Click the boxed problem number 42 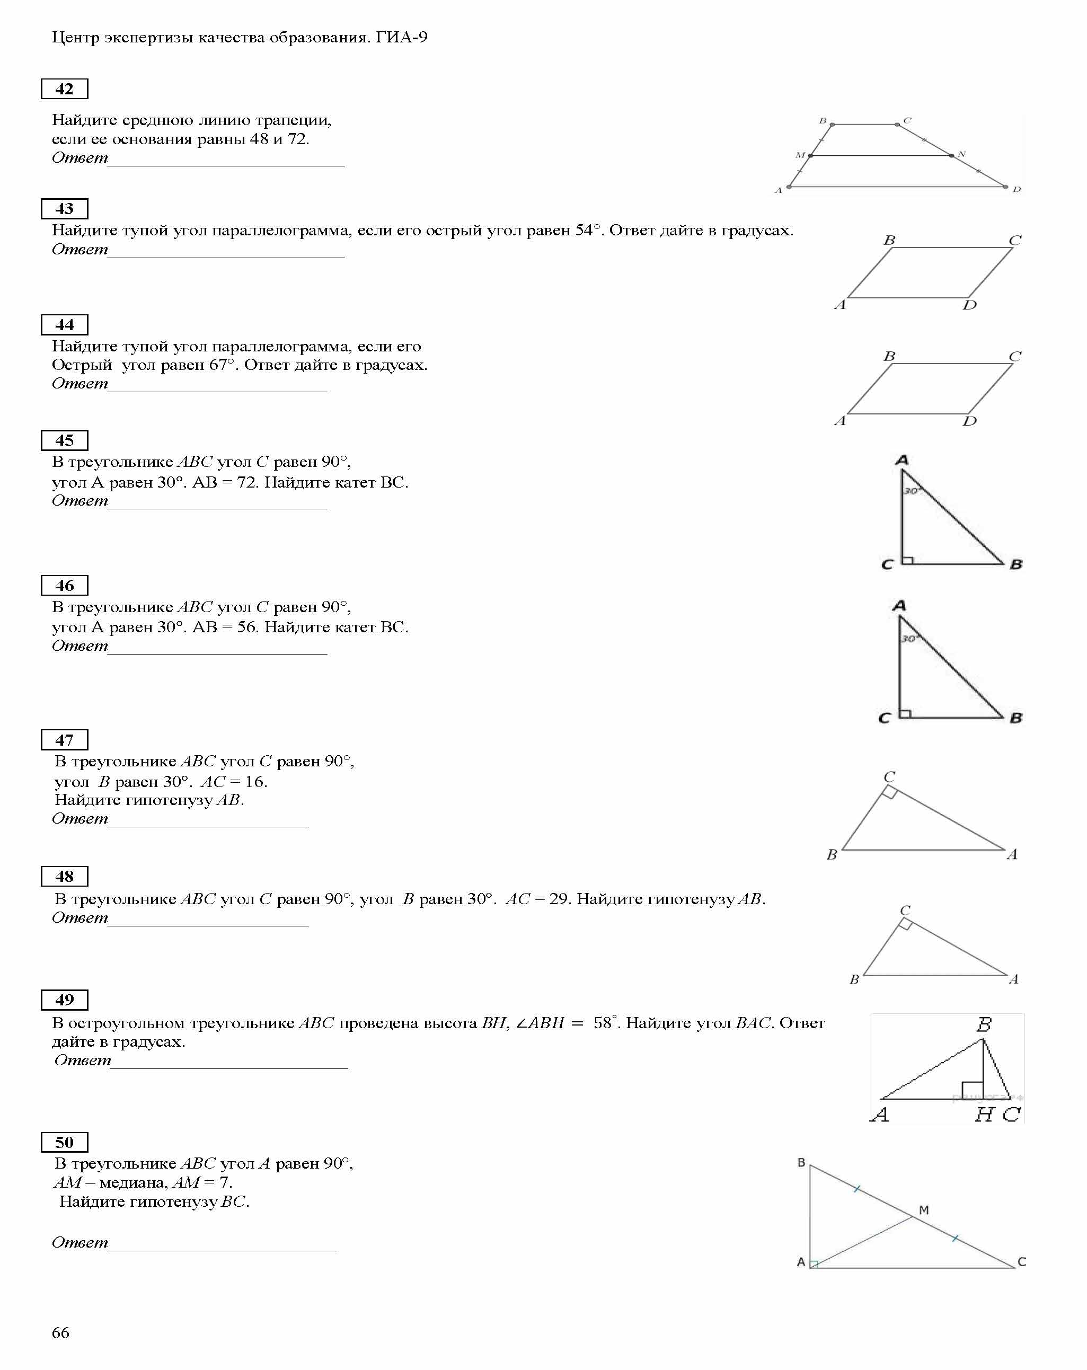click(x=64, y=89)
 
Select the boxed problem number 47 click(x=64, y=740)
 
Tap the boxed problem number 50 click(x=64, y=1142)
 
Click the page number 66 click(x=60, y=1332)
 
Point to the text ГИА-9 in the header click(x=402, y=38)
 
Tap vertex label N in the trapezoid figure click(x=962, y=154)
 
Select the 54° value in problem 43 click(x=588, y=230)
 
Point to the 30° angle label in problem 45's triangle click(x=912, y=491)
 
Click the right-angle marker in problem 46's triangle click(x=905, y=712)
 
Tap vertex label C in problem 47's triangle click(x=889, y=776)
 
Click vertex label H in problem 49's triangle click(x=984, y=1115)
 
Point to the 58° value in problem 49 click(x=605, y=1023)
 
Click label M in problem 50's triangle click(x=924, y=1210)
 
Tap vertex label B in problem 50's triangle click(x=801, y=1162)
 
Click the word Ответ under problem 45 click(x=80, y=501)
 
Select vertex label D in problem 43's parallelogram click(x=969, y=305)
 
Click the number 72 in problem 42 click(x=297, y=139)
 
